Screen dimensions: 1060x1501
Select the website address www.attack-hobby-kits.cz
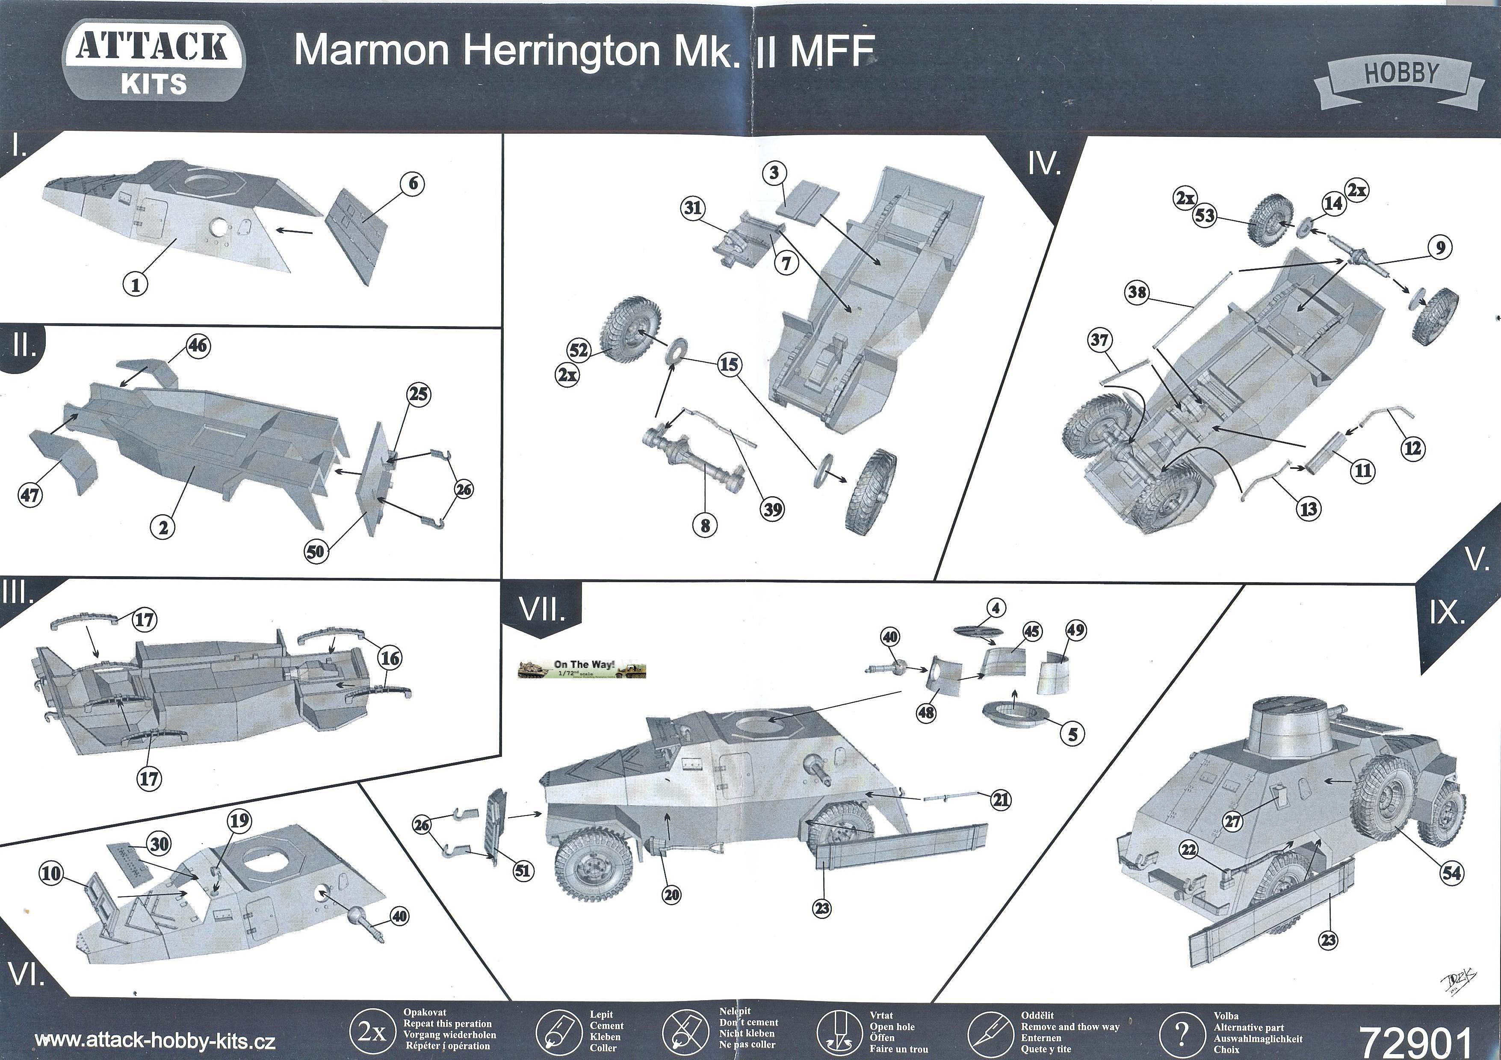coord(155,1040)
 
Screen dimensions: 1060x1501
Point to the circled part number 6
coord(413,184)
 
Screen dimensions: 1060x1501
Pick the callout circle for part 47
coord(30,494)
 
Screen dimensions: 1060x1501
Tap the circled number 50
coord(316,551)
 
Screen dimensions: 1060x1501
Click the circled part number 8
coord(705,525)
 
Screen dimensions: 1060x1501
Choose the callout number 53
coord(1205,216)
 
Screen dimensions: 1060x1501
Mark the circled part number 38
coord(1137,292)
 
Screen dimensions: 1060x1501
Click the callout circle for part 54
coord(1451,872)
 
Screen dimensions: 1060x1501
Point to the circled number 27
coord(1233,821)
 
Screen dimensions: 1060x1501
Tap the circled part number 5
coord(1072,734)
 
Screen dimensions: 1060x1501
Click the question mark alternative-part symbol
coord(1181,1034)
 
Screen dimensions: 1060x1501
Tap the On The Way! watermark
coord(582,668)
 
